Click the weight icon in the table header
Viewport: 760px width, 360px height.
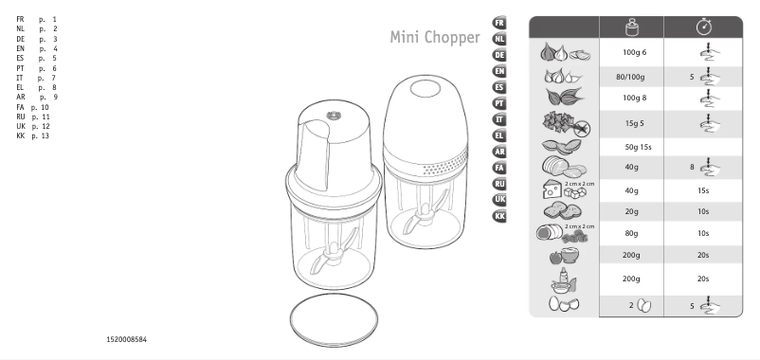click(x=633, y=27)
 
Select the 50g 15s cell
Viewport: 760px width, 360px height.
click(x=633, y=147)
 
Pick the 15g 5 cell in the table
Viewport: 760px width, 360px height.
click(x=633, y=123)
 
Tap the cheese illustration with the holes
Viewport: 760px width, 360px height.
click(x=552, y=189)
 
